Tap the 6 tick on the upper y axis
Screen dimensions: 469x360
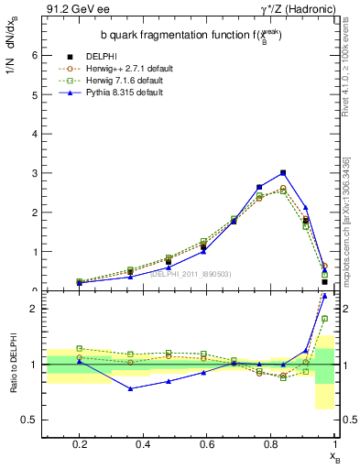coord(36,55)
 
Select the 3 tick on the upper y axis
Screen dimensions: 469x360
coord(36,173)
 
